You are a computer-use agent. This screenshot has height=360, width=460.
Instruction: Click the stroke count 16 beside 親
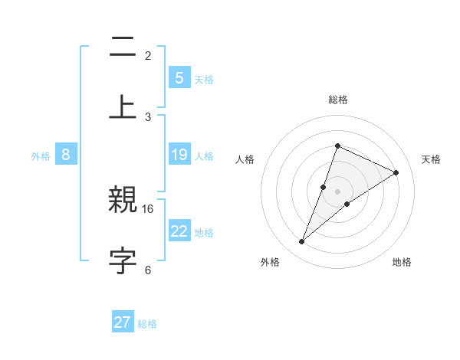pos(149,208)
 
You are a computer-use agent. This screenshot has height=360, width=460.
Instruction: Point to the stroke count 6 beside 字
pos(148,270)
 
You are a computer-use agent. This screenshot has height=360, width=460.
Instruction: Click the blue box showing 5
pos(179,77)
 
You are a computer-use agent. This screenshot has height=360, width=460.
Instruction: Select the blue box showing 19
pos(179,155)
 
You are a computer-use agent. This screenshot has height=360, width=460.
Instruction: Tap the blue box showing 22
pos(179,231)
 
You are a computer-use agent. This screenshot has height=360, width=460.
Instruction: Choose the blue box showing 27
pos(123,322)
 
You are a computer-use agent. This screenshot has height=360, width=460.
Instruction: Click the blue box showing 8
pos(66,155)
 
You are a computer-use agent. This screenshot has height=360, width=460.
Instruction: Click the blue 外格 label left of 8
pos(41,156)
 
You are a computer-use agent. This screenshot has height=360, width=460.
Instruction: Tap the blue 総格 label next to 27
pos(147,324)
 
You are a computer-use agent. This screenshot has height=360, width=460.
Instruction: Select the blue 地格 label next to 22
pos(204,233)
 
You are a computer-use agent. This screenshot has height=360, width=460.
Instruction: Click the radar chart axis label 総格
pos(338,100)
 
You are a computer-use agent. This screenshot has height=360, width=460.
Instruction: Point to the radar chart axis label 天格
pos(432,159)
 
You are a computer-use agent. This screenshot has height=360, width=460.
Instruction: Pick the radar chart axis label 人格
pos(245,159)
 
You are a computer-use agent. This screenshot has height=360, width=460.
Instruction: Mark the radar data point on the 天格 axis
pos(396,172)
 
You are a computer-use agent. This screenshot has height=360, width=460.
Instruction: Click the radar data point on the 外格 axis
pos(302,242)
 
